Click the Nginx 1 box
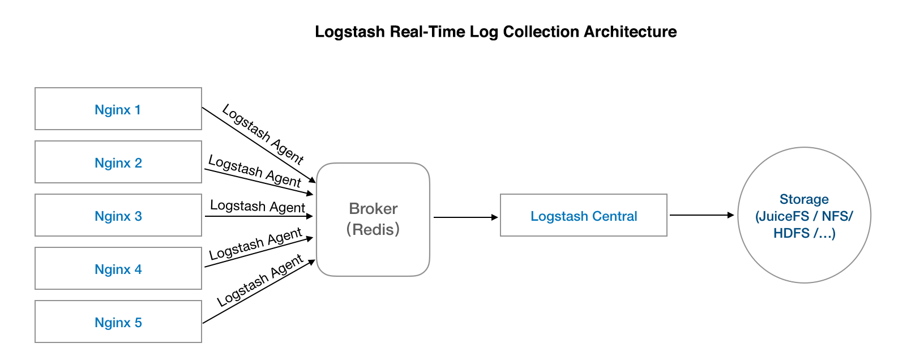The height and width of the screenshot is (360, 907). tap(118, 109)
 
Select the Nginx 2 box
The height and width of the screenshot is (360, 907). tap(118, 162)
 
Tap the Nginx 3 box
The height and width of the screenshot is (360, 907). tap(118, 215)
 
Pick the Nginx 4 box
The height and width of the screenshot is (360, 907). tap(118, 268)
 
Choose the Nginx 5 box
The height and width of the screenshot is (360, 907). tap(118, 322)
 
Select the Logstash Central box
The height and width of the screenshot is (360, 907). tap(583, 216)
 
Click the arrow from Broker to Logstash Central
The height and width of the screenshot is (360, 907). tap(465, 217)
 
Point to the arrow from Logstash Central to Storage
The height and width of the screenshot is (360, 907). tap(701, 215)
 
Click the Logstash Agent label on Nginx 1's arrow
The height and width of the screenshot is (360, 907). tap(263, 134)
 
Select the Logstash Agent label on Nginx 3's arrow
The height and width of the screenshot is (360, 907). tap(258, 206)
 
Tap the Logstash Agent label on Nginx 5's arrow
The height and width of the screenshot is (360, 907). tap(260, 281)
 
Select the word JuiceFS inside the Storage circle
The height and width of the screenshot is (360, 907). tap(784, 216)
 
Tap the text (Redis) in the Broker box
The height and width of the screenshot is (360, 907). tap(373, 229)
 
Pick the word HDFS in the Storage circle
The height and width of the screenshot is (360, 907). tap(791, 233)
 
